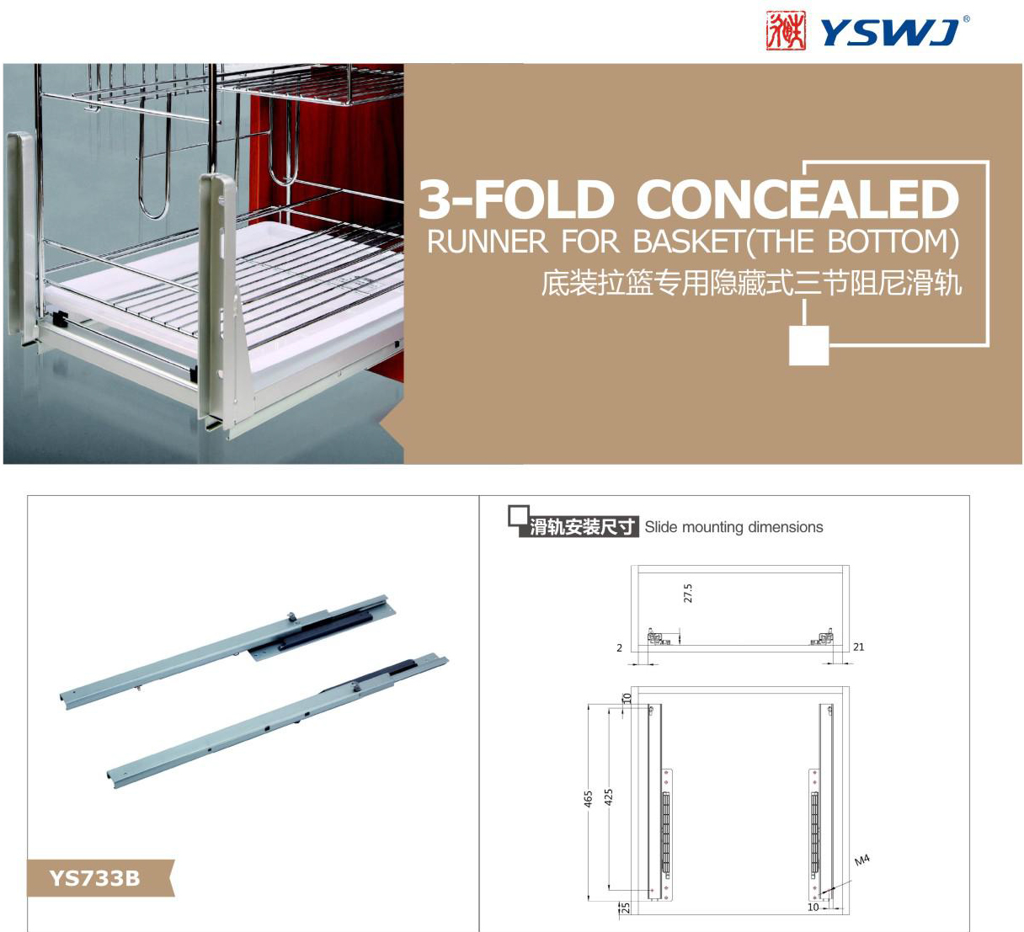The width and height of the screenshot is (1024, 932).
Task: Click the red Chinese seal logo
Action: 786,30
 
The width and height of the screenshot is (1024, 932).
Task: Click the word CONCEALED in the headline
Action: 797,199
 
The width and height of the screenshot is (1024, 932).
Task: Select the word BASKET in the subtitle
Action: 689,241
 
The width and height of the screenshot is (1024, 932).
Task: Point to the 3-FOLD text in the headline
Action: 515,199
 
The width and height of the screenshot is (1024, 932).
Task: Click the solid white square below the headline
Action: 808,345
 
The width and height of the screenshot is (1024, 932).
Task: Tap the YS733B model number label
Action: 94,878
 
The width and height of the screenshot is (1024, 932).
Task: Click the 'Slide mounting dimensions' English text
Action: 733,527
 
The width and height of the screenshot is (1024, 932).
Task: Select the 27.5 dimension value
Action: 688,594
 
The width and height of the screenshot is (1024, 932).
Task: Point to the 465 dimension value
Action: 588,799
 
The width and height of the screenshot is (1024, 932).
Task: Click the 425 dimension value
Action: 609,796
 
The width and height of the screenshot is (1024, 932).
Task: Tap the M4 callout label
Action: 862,860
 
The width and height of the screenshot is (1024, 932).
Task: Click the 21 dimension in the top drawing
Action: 859,647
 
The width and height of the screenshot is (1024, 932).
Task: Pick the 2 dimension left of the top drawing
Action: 619,647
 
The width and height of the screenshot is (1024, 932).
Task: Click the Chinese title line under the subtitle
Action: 751,283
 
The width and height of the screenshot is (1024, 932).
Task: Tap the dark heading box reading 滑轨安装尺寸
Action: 579,527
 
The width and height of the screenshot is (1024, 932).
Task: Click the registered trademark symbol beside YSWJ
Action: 966,19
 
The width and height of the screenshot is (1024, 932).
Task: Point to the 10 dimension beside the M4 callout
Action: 813,907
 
